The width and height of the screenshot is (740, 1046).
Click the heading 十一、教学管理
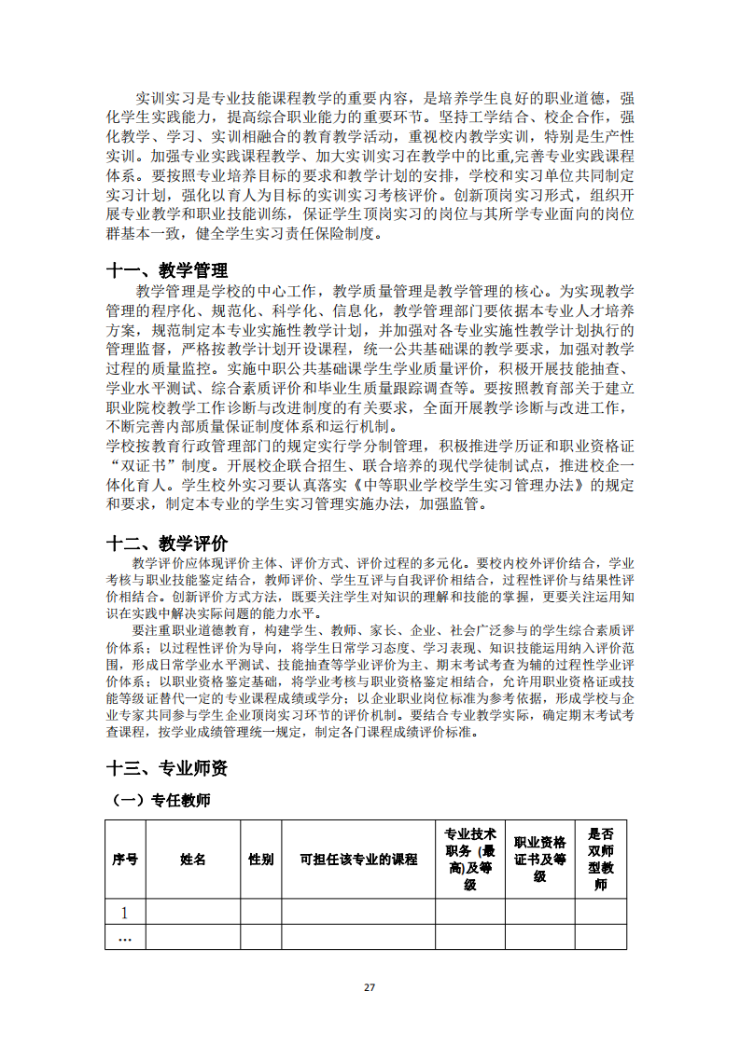167,270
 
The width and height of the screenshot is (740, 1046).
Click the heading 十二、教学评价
167,543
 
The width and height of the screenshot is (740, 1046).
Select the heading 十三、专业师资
167,768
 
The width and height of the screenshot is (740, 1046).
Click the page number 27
370,988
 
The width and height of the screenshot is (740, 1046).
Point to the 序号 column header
125,859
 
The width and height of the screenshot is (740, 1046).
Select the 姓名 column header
193,859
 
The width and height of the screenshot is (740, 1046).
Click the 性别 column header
261,859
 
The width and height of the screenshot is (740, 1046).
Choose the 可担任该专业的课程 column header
358,859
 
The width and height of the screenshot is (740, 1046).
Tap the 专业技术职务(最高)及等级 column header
470,859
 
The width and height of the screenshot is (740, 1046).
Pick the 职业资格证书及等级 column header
540,859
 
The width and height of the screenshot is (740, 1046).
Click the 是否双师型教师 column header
600,859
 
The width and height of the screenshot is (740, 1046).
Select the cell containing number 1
125,912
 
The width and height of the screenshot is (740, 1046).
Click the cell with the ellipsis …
125,937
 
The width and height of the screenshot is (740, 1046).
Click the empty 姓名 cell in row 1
193,912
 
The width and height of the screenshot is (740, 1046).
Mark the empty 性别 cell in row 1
261,912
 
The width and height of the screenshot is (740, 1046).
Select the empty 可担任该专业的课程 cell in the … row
358,937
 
